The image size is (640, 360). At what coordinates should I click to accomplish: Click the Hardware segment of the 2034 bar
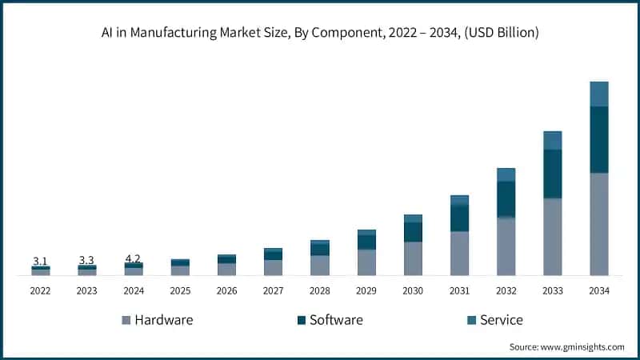(599, 224)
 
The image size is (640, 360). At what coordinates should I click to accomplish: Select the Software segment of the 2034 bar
(599, 139)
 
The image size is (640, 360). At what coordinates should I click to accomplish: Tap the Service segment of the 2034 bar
(599, 94)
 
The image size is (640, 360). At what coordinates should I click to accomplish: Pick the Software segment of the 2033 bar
(553, 174)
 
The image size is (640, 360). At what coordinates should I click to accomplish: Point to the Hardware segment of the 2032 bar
(506, 246)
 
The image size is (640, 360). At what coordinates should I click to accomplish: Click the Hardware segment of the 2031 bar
(459, 254)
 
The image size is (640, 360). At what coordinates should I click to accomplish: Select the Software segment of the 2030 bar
(413, 232)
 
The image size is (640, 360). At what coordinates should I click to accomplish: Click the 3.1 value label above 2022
(40, 261)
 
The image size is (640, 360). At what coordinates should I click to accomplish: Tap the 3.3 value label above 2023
(86, 260)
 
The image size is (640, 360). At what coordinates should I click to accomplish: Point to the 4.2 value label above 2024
(133, 258)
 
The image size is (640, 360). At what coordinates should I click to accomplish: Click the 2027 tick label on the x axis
(273, 291)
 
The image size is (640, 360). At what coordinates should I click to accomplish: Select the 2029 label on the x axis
(366, 291)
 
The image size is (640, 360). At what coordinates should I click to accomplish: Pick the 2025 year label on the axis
(180, 291)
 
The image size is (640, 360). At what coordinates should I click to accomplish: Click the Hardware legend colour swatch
(126, 321)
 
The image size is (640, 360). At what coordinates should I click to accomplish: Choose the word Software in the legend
(336, 320)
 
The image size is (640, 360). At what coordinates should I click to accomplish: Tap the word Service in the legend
(501, 320)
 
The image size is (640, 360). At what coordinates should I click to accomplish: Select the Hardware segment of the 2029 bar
(366, 262)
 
